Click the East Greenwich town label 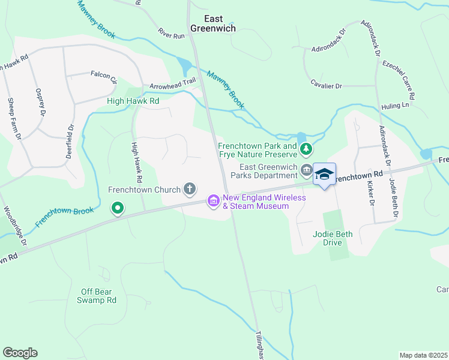pyautogui.click(x=213, y=23)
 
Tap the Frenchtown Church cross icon pyautogui.click(x=190, y=190)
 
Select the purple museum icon pyautogui.click(x=213, y=202)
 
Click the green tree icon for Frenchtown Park pyautogui.click(x=306, y=148)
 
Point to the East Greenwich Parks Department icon pyautogui.click(x=306, y=171)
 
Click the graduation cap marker pyautogui.click(x=324, y=174)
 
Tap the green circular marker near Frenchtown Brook pyautogui.click(x=118, y=209)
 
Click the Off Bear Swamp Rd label pyautogui.click(x=99, y=296)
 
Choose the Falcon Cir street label pyautogui.click(x=102, y=75)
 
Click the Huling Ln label pyautogui.click(x=397, y=105)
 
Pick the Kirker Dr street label pyautogui.click(x=372, y=193)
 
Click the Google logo pyautogui.click(x=20, y=353)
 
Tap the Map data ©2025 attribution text pyautogui.click(x=423, y=355)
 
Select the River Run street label pyautogui.click(x=172, y=35)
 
